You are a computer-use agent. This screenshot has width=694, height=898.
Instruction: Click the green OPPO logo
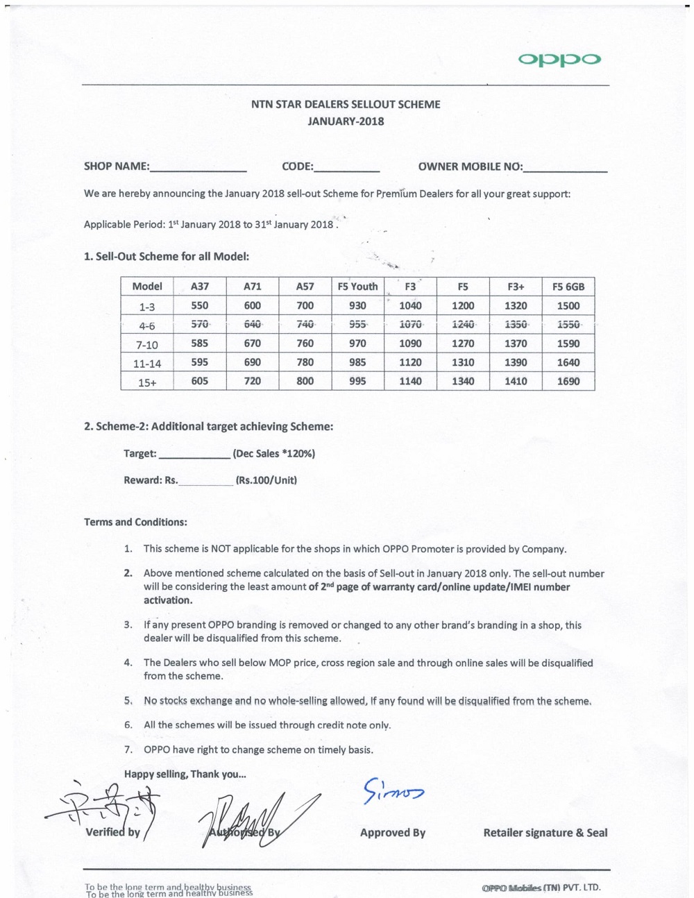coord(559,60)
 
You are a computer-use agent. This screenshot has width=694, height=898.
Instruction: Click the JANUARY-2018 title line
coord(346,121)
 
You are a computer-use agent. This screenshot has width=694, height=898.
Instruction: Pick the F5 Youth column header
coord(357,287)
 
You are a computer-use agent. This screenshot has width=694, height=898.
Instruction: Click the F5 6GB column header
coord(568,287)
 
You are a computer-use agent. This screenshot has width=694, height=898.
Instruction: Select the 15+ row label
coord(147,382)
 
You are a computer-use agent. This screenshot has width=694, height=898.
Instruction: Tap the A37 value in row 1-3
coord(200,306)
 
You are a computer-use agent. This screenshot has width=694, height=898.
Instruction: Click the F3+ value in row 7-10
coord(516,344)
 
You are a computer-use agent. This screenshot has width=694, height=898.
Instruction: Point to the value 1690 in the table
coord(568,381)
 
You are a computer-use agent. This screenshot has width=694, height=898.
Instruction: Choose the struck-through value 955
coord(357,324)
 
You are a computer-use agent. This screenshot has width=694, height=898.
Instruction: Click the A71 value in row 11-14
coord(253,362)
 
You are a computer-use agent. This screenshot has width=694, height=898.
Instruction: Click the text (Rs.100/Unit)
coord(266,480)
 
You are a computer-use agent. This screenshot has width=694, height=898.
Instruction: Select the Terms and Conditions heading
coord(135,522)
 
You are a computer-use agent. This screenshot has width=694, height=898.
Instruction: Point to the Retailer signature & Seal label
coord(545,833)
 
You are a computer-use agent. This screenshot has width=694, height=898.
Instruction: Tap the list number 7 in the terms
coord(128,750)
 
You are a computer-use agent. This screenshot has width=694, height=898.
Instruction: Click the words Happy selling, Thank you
coord(185,774)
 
